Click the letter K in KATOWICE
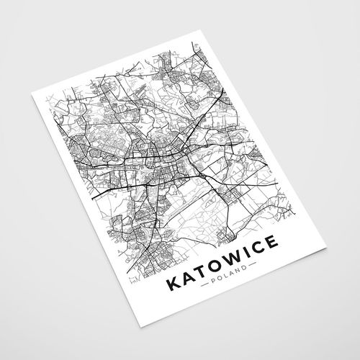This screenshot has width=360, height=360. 173,284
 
